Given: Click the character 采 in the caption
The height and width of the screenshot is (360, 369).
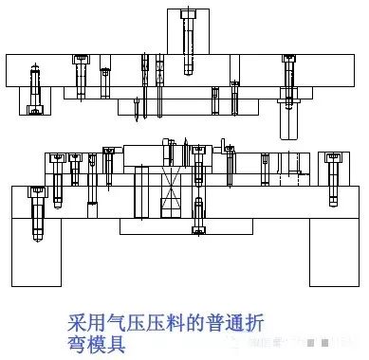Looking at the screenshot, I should tap(81, 322).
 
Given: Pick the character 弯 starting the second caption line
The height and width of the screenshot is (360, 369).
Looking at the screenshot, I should tap(81, 342).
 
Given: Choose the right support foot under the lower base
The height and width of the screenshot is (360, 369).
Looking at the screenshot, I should tap(332, 253).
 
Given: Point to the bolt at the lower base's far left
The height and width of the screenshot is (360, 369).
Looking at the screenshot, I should tap(38, 213).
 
